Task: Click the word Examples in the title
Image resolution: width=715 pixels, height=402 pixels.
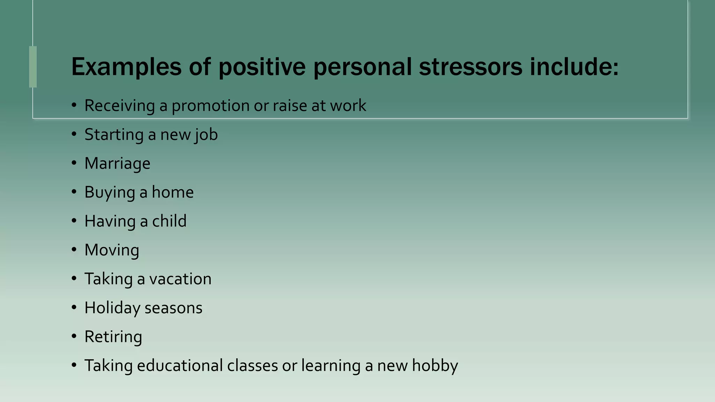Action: tap(126, 67)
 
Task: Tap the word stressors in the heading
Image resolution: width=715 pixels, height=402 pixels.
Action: tap(470, 67)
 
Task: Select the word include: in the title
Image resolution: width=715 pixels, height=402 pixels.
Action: tap(574, 67)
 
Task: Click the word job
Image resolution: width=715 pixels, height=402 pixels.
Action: tap(206, 135)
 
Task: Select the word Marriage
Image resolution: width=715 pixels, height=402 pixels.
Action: tap(117, 164)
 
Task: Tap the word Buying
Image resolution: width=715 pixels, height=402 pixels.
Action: tap(110, 193)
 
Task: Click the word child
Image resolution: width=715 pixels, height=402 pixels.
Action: tap(169, 221)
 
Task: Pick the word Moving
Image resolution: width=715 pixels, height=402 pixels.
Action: tap(112, 250)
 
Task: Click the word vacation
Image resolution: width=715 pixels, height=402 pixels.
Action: tap(180, 279)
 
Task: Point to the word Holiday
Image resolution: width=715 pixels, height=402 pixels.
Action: tap(112, 308)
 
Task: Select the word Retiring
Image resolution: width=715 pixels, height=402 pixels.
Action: tap(113, 337)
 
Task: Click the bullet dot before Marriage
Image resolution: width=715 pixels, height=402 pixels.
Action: tap(74, 163)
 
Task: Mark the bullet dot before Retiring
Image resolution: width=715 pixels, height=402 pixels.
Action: tap(74, 336)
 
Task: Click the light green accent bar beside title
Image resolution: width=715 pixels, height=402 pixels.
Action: tap(33, 67)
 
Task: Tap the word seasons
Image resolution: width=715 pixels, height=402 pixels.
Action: tap(173, 308)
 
